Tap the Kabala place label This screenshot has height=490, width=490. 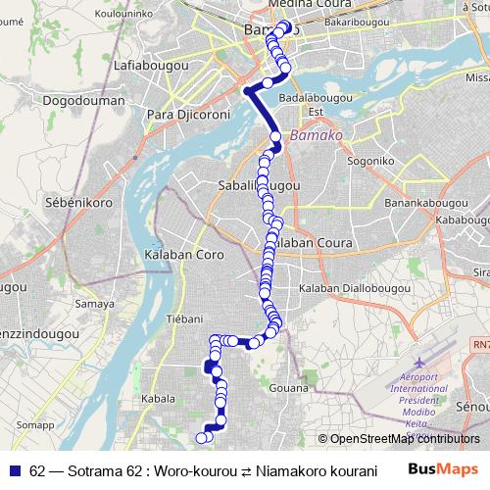(x=157, y=399)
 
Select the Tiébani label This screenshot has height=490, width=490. (x=184, y=318)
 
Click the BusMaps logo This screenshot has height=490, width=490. (x=444, y=469)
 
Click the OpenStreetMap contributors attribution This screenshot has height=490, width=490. (x=399, y=439)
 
